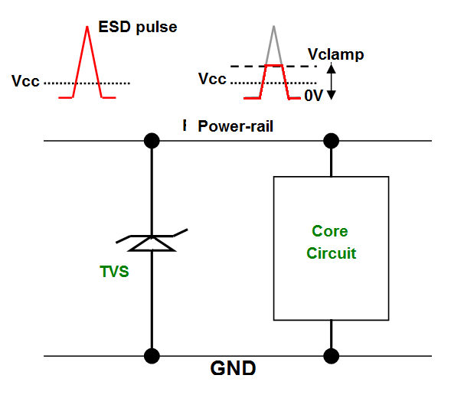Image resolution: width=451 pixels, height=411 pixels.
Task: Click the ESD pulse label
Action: click(x=138, y=28)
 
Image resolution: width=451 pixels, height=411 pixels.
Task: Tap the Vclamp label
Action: click(x=335, y=54)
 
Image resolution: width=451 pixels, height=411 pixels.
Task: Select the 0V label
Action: click(x=313, y=96)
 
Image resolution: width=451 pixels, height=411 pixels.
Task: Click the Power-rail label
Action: click(x=235, y=126)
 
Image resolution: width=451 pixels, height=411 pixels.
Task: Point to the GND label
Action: click(x=233, y=368)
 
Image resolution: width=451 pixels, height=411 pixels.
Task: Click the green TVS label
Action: click(x=114, y=272)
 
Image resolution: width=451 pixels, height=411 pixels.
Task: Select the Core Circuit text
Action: click(x=331, y=242)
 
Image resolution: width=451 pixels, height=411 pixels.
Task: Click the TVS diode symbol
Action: click(x=152, y=240)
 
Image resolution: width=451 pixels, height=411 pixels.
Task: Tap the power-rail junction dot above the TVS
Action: click(x=152, y=141)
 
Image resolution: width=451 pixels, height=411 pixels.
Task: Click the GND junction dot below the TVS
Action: click(x=152, y=356)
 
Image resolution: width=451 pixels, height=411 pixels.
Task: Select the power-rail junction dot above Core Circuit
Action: click(x=331, y=141)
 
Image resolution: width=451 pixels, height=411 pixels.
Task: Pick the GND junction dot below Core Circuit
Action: click(x=331, y=356)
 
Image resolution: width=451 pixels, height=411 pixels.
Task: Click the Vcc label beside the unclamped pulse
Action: click(x=25, y=81)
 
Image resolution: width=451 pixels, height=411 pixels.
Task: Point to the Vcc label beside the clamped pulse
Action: click(x=212, y=79)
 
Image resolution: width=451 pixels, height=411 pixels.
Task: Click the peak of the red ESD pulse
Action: click(x=87, y=27)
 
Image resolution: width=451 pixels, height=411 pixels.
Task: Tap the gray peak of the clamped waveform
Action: click(x=273, y=27)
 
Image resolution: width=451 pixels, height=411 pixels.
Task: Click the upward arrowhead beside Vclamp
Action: click(x=332, y=68)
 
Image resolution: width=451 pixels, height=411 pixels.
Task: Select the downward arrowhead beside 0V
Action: click(x=332, y=95)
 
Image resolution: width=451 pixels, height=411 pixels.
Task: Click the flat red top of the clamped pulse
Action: click(x=273, y=66)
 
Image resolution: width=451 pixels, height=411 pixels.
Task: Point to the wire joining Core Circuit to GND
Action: click(x=331, y=334)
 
